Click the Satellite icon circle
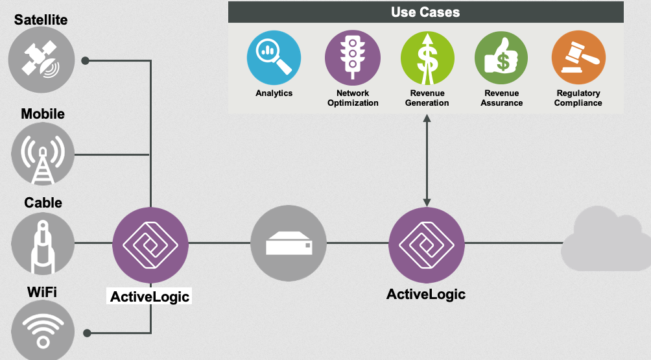point(41,60)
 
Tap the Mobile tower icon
point(43,154)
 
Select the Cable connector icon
point(43,243)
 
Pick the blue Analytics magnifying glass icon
point(274,58)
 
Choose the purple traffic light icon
point(353,58)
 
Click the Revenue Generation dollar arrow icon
point(427,58)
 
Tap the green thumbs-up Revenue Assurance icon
point(501,58)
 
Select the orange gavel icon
point(578,58)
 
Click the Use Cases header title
point(425,12)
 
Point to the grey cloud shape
point(606,239)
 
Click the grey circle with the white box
point(289,243)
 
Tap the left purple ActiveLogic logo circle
point(150,245)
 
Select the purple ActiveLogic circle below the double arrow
point(427,245)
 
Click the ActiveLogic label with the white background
point(150,296)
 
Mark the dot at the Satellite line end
point(86,60)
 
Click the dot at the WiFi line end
point(87,333)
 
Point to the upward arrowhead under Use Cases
point(427,118)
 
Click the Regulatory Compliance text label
point(578,98)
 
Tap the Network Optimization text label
point(353,98)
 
